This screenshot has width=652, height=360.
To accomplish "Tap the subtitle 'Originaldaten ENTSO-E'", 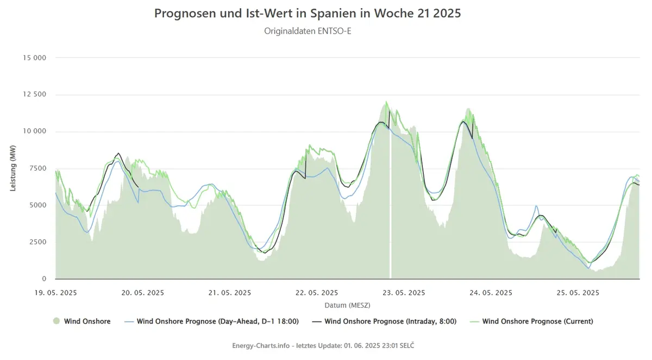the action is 308,31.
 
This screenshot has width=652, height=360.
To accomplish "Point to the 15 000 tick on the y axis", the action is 35,58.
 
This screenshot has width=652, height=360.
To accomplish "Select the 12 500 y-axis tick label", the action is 35,94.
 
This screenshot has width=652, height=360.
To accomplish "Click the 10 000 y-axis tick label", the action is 35,131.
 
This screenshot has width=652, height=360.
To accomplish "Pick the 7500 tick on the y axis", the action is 38,168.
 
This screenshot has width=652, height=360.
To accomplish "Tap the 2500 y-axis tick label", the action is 38,242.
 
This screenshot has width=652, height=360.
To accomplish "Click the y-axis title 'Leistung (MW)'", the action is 13,168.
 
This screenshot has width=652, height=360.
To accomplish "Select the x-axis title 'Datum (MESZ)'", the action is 348,305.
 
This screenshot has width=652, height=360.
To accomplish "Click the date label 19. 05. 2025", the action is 55,293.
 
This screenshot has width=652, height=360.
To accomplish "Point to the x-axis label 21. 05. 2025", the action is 230,293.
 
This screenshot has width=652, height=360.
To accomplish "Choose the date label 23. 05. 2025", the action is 404,293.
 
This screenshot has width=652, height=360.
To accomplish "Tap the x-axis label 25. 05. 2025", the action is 578,293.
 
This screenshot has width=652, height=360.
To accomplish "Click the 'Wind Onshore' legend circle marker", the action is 57,321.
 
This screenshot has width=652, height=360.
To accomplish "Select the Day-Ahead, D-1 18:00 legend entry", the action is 211,321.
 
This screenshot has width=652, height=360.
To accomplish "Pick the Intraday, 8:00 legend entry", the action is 384,321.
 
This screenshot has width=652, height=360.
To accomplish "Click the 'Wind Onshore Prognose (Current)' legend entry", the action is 531,321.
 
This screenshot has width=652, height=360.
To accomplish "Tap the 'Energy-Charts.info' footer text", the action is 261,345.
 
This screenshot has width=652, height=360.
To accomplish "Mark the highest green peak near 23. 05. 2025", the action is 386,102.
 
